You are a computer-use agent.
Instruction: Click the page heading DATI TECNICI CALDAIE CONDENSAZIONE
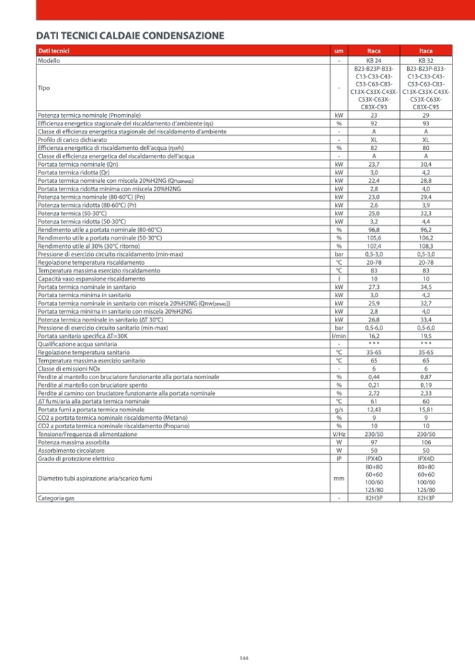(130, 36)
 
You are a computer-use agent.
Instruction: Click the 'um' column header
(338, 52)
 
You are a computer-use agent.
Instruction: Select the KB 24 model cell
(373, 61)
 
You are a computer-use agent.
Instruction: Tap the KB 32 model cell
(426, 61)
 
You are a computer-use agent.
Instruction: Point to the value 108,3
(426, 246)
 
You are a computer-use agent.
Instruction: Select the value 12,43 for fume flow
(373, 409)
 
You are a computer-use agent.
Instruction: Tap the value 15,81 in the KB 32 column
(426, 409)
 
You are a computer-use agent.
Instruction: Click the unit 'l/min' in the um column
(338, 336)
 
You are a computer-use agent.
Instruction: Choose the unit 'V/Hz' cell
(338, 434)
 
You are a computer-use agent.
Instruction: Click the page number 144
(244, 657)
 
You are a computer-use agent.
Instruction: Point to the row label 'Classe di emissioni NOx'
(71, 369)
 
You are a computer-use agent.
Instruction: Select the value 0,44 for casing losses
(373, 376)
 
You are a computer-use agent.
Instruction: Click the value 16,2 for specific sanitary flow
(373, 336)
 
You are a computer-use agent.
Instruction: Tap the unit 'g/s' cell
(338, 409)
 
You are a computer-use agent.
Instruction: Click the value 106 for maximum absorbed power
(426, 442)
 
